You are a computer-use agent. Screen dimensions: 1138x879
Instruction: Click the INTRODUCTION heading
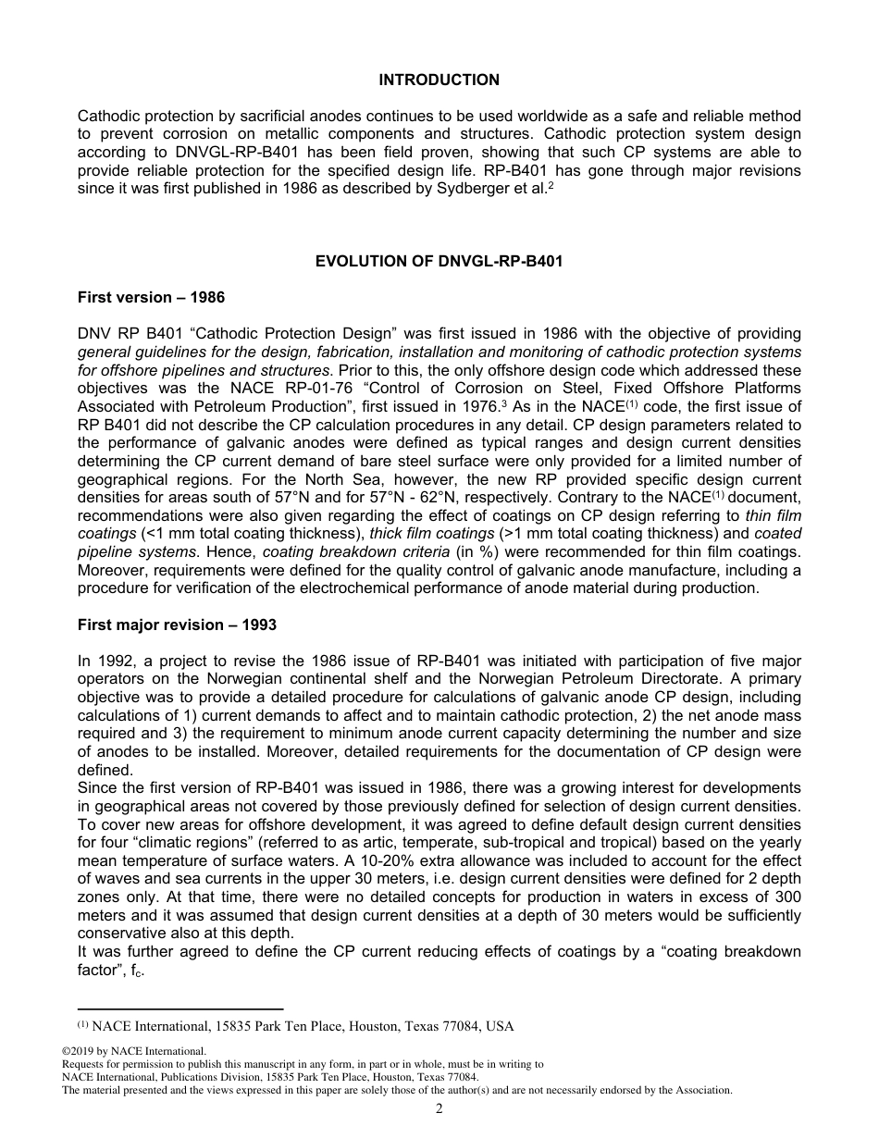tap(439, 80)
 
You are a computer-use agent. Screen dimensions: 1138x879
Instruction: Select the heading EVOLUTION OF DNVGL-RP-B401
tap(439, 262)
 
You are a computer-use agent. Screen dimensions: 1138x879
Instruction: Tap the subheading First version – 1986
tap(151, 298)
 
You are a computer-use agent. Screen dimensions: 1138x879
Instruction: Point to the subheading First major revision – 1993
tap(177, 625)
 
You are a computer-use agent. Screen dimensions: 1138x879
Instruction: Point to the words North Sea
tap(270, 480)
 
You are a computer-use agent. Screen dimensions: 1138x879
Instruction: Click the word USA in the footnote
tap(499, 1026)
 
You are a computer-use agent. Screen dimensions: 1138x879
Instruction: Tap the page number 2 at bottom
tap(439, 1109)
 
